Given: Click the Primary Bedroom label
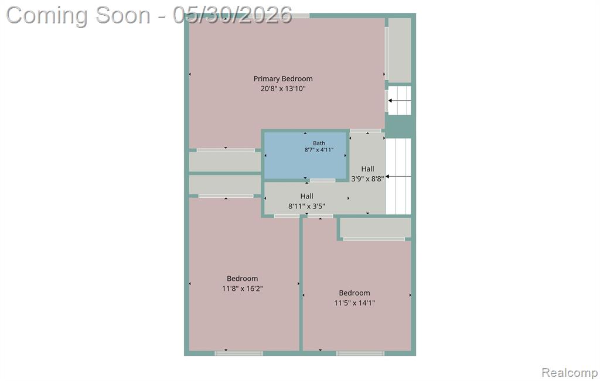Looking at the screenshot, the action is pyautogui.click(x=283, y=79).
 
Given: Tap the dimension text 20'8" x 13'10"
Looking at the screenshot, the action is pyautogui.click(x=283, y=88).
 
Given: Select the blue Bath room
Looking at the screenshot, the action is pyautogui.click(x=305, y=155).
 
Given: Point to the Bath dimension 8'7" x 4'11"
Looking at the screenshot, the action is pyautogui.click(x=319, y=150).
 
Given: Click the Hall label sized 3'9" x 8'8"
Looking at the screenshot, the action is pyautogui.click(x=368, y=169).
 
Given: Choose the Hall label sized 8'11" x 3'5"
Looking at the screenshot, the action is pyautogui.click(x=306, y=196).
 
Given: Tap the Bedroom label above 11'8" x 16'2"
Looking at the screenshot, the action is pyautogui.click(x=242, y=279).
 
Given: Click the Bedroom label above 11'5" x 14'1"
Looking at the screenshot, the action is pyautogui.click(x=354, y=293).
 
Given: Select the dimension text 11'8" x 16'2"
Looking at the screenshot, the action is pyautogui.click(x=242, y=289).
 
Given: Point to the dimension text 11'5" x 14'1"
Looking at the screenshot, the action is pyautogui.click(x=354, y=303).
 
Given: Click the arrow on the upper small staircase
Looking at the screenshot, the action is pyautogui.click(x=400, y=101).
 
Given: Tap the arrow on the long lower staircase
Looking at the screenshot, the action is pyautogui.click(x=398, y=177).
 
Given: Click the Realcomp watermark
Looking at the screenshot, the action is pyautogui.click(x=570, y=372).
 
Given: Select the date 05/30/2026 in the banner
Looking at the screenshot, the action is pyautogui.click(x=232, y=15).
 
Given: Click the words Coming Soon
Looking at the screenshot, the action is pyautogui.click(x=78, y=16).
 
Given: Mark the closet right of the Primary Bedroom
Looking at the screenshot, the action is pyautogui.click(x=400, y=50).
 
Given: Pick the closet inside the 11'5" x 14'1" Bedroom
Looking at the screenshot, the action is pyautogui.click(x=376, y=228).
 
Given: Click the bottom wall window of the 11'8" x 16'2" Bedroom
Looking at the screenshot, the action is pyautogui.click(x=239, y=353).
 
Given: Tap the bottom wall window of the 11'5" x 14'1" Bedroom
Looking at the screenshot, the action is pyautogui.click(x=360, y=353).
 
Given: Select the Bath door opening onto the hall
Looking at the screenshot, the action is pyautogui.click(x=323, y=180).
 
